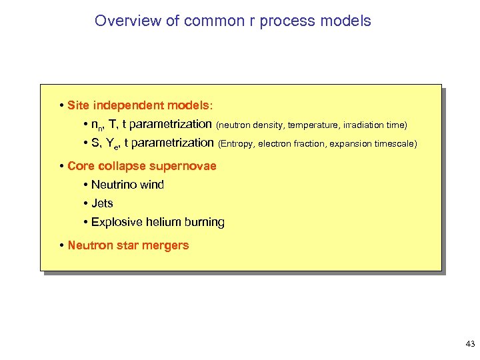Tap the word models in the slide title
point(345,21)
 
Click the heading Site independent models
point(141,105)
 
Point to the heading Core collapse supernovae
point(142,166)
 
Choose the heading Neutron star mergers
point(128,245)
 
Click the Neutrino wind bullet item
point(127,185)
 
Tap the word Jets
point(102,203)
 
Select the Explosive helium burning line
point(157,222)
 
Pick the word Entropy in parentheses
point(236,143)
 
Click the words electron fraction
point(289,143)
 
